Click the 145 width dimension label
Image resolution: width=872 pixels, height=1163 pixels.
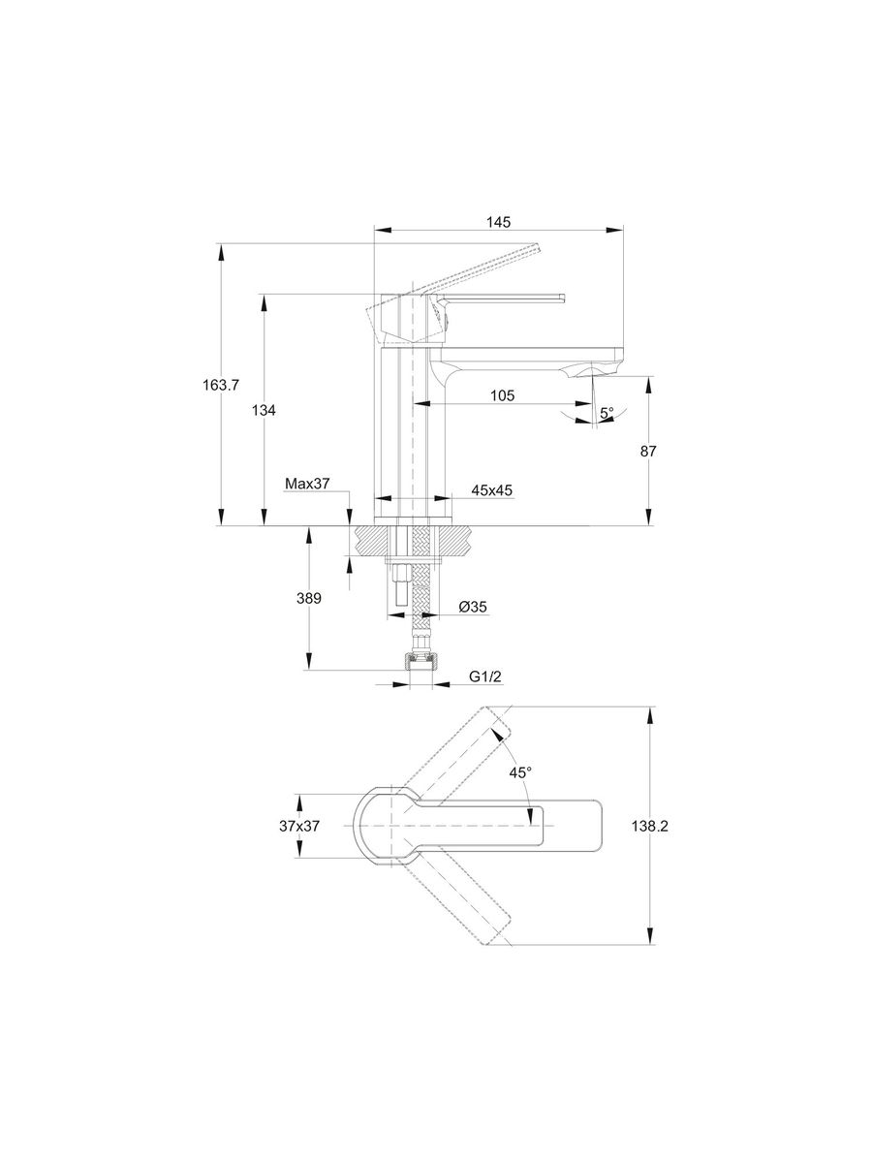click(498, 222)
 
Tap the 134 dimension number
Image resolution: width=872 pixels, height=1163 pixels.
click(264, 410)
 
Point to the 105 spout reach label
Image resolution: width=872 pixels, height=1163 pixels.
click(501, 394)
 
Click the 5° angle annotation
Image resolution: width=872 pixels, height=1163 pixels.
click(607, 413)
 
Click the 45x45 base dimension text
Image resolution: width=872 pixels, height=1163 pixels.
click(492, 491)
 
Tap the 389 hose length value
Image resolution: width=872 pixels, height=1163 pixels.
click(308, 598)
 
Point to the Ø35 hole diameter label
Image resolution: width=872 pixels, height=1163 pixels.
click(472, 607)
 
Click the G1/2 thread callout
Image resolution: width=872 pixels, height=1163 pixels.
click(484, 676)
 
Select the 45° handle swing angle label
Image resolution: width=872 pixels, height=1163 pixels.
click(521, 772)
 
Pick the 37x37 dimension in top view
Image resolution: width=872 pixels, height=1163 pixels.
click(299, 826)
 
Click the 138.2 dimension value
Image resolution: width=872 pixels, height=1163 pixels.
click(649, 826)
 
